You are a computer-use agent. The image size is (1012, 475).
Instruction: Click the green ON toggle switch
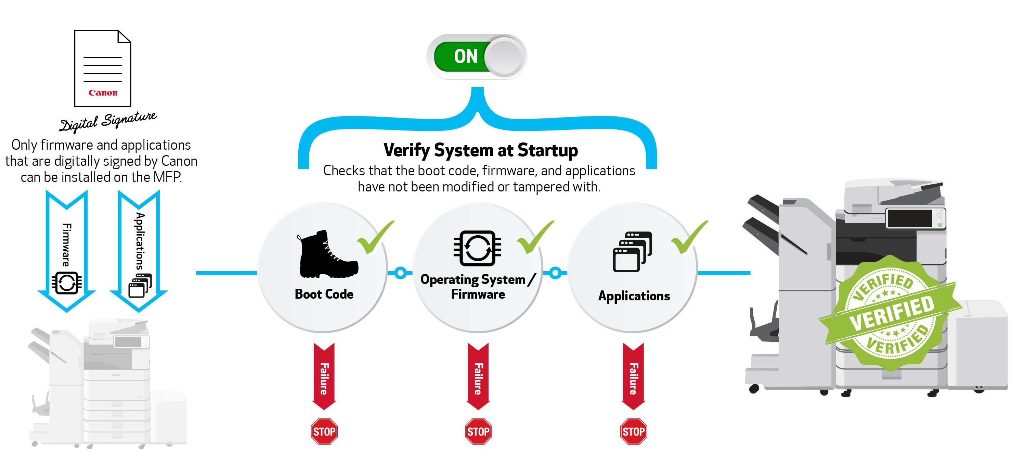point(477,57)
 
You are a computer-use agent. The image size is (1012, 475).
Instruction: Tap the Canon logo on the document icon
point(103,93)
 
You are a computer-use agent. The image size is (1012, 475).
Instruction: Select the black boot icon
point(327,254)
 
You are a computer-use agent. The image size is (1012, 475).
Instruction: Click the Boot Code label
point(324,294)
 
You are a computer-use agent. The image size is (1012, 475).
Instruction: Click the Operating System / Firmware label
point(478,287)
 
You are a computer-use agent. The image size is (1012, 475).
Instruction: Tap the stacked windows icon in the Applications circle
point(633,252)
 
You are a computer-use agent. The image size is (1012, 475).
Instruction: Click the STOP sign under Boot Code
point(324,432)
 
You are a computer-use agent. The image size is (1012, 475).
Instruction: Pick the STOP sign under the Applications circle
point(633,432)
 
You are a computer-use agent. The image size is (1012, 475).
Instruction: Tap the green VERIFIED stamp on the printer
point(890,313)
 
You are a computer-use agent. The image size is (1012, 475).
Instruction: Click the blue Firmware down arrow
point(66,251)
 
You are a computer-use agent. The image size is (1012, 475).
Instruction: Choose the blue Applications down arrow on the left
point(139,251)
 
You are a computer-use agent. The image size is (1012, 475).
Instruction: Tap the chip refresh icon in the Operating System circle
point(477,248)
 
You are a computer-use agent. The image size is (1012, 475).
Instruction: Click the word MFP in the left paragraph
point(167,177)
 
